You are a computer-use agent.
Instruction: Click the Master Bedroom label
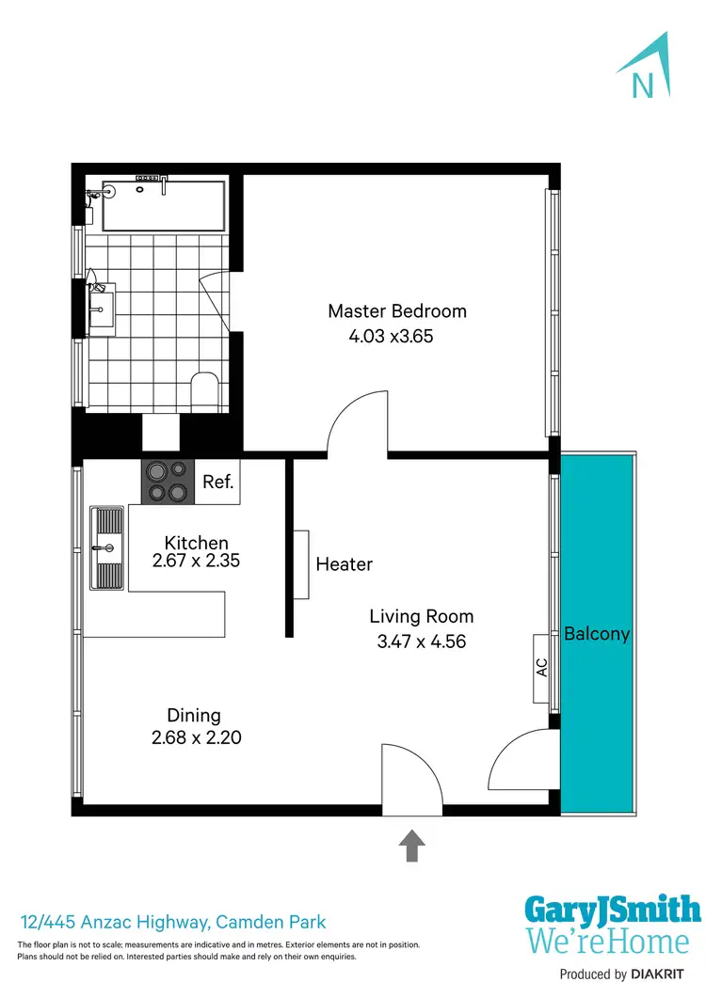396,311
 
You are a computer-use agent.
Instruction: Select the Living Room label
421,617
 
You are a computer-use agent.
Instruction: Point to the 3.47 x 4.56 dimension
421,642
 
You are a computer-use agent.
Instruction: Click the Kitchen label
196,543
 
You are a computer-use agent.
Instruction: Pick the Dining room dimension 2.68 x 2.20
196,738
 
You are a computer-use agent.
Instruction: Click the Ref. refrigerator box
217,482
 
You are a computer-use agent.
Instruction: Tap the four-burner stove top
167,481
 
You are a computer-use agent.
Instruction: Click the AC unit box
541,667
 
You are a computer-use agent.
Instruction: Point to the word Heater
344,564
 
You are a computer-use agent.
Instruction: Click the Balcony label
597,634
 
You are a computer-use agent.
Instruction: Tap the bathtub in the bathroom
163,206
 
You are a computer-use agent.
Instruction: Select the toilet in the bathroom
203,390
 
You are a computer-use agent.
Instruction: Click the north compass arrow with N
645,68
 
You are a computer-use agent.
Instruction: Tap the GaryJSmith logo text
612,911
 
